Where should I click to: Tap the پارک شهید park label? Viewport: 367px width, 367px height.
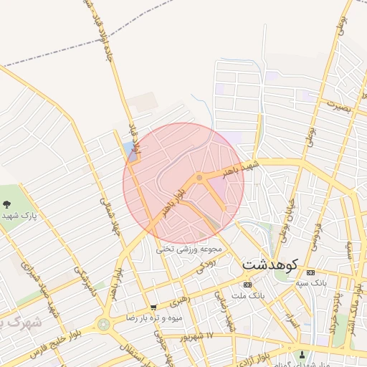(x=19, y=215)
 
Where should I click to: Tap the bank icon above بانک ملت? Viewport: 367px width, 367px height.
(x=247, y=285)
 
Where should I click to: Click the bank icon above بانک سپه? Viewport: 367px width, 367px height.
(x=310, y=272)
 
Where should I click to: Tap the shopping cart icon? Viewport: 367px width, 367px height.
(x=153, y=307)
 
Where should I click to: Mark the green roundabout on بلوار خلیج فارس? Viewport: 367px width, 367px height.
(x=105, y=324)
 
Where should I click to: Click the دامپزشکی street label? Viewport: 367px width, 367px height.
(x=81, y=282)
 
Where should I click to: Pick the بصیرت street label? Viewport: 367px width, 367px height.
(x=340, y=105)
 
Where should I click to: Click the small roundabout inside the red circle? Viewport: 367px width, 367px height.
(x=199, y=178)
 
